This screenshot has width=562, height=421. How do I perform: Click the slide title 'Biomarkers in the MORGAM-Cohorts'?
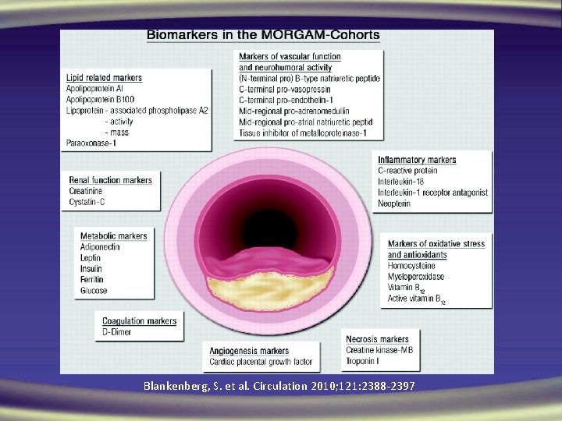click(x=264, y=35)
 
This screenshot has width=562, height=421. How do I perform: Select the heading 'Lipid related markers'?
click(x=104, y=78)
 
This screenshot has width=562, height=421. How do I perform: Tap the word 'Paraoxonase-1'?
click(x=92, y=143)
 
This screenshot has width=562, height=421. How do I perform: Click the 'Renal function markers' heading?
click(x=111, y=180)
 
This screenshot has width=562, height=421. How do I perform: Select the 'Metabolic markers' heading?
click(x=113, y=236)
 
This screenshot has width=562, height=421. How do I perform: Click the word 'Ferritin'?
click(x=91, y=280)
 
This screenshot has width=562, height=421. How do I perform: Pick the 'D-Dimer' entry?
click(x=117, y=332)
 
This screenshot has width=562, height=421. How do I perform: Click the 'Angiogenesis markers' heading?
click(x=249, y=351)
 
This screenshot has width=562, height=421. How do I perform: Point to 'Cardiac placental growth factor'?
click(x=261, y=362)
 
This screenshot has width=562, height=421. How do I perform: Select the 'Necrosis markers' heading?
click(x=378, y=339)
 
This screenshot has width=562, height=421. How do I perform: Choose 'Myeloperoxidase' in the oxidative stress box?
click(x=417, y=277)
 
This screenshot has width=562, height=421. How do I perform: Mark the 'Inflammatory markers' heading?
click(x=417, y=160)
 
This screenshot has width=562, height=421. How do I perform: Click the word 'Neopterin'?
click(x=396, y=203)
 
